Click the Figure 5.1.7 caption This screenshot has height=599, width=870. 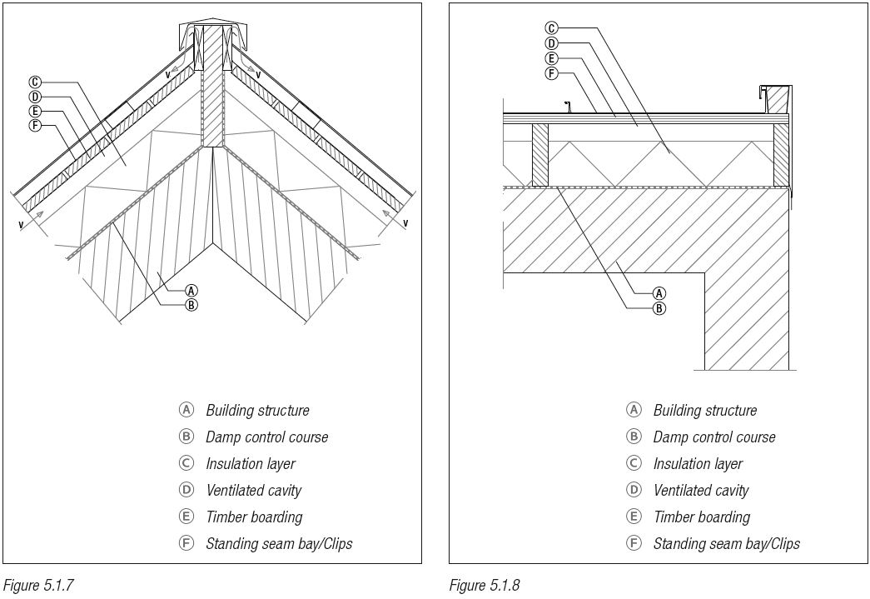pyautogui.click(x=38, y=585)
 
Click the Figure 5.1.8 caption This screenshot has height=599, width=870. pyautogui.click(x=485, y=585)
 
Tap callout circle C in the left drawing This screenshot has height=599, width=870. pyautogui.click(x=35, y=82)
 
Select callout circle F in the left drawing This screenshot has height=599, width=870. pyautogui.click(x=35, y=126)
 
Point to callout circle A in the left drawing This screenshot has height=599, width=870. pyautogui.click(x=191, y=291)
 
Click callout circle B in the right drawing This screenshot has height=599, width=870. pyautogui.click(x=659, y=307)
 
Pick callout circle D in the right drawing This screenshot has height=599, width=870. pyautogui.click(x=552, y=43)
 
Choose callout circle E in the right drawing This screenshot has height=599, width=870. pyautogui.click(x=552, y=58)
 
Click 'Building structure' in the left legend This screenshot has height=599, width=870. pyautogui.click(x=257, y=410)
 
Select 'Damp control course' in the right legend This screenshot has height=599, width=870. pyautogui.click(x=713, y=437)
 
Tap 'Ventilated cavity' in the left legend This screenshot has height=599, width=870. pyautogui.click(x=253, y=490)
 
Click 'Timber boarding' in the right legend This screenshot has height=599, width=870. pyautogui.click(x=701, y=517)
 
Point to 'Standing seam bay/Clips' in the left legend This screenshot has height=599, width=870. pyautogui.click(x=279, y=543)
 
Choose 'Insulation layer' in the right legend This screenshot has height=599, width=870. pyautogui.click(x=698, y=463)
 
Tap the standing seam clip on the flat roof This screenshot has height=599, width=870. pyautogui.click(x=568, y=107)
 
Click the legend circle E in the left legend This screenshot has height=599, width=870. pyautogui.click(x=186, y=517)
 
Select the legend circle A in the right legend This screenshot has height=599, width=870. pyautogui.click(x=634, y=410)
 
